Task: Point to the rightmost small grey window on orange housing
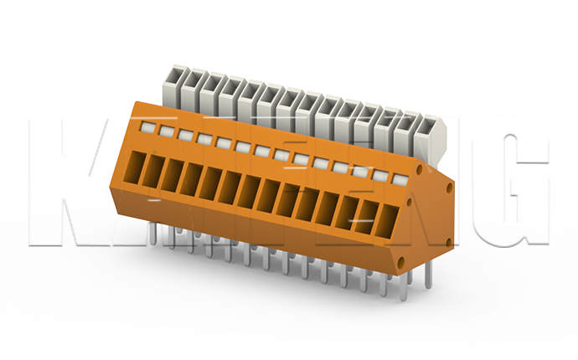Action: coord(399,178)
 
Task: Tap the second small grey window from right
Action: coord(379,175)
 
